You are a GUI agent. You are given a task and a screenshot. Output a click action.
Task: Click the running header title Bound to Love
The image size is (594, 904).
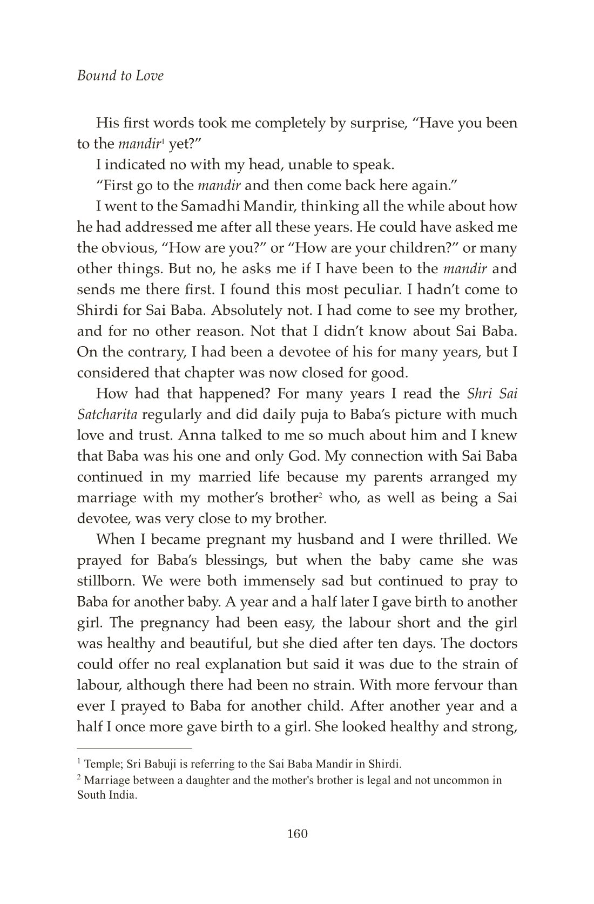pos(120,76)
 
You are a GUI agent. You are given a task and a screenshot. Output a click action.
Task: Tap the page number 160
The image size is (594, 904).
pos(297,833)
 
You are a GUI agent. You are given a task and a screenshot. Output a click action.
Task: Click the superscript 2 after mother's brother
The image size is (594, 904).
pos(320,494)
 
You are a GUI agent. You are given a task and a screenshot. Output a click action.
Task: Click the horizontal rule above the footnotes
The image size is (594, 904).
pos(134,748)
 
